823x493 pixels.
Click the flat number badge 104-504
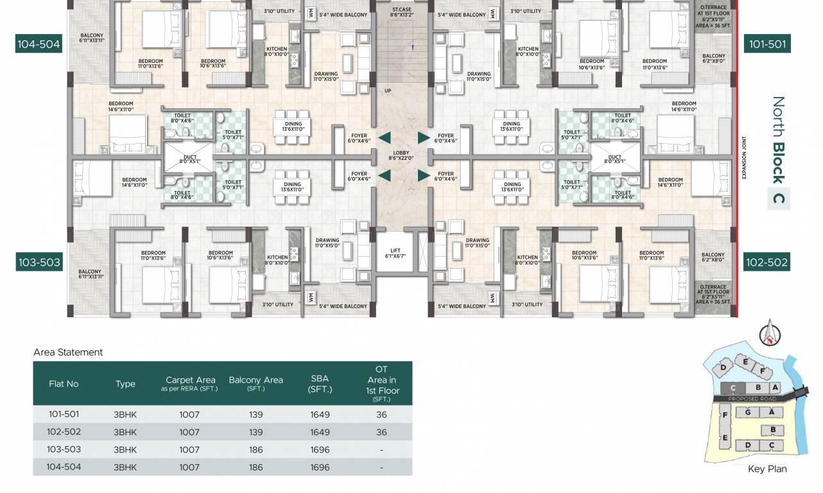point(39,44)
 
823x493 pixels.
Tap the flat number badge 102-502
point(767,262)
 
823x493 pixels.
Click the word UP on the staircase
point(387,91)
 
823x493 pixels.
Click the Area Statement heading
point(68,352)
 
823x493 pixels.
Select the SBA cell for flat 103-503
point(320,450)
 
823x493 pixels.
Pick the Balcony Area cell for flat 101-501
point(256,415)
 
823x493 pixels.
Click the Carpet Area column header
point(190,383)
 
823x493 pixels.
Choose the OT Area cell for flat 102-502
point(381,433)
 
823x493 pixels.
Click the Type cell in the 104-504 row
point(125,467)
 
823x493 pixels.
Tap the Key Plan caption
point(767,469)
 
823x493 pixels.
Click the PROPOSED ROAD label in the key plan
point(754,399)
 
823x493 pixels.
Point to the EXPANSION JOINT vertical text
point(744,158)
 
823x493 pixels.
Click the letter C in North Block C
point(779,198)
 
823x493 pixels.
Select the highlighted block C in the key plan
point(732,388)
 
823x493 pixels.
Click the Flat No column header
point(64,383)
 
